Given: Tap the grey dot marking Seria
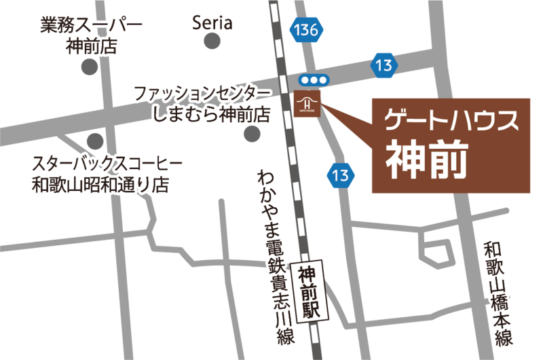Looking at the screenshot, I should click(212, 42).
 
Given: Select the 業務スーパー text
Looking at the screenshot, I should click(91, 26).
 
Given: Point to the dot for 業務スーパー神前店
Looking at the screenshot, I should click(89, 67).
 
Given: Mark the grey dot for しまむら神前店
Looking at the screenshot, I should click(252, 133).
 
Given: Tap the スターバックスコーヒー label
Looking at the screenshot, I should click(107, 163).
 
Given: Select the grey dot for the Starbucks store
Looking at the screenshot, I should click(95, 141).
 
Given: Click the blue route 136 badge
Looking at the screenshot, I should click(306, 30).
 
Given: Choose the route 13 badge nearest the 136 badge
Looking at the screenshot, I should click(384, 66).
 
